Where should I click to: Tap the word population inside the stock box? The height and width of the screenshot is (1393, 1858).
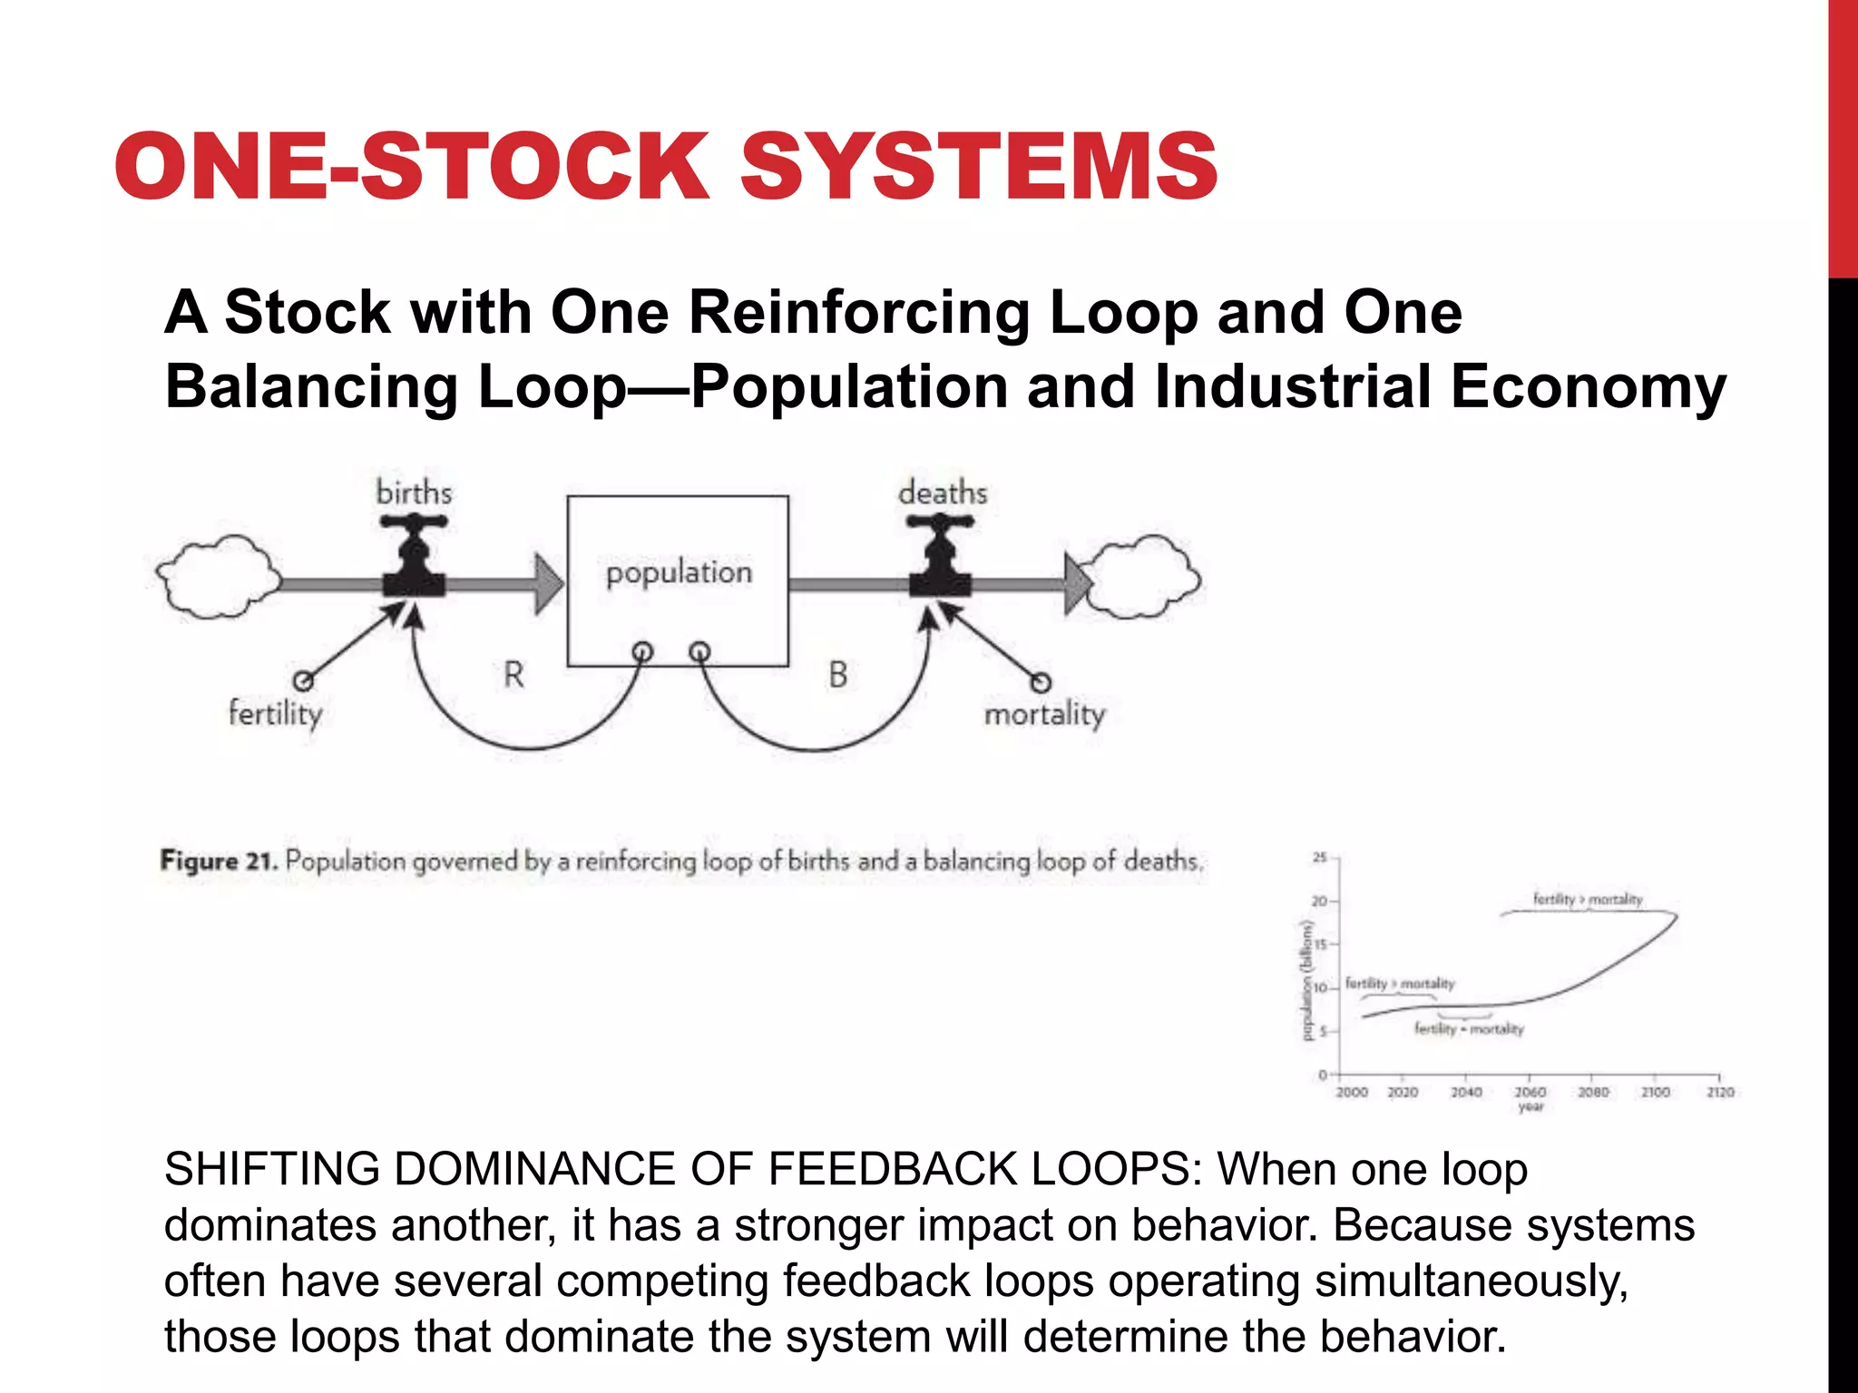click(679, 573)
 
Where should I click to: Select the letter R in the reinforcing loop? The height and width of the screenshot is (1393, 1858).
click(513, 675)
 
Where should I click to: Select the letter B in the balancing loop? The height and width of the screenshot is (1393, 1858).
click(837, 675)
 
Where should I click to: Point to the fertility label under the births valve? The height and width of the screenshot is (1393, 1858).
click(275, 714)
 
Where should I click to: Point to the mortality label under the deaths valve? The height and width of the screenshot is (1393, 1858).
click(1044, 715)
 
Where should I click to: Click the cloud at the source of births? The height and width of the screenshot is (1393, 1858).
click(218, 577)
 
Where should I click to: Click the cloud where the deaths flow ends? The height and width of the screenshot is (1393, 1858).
click(1146, 577)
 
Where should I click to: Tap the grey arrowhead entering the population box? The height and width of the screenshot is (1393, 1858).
click(548, 584)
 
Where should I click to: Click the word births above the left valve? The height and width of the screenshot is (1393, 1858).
click(414, 492)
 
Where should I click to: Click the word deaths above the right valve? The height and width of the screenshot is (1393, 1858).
click(943, 492)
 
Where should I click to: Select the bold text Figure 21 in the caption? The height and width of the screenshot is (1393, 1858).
click(219, 861)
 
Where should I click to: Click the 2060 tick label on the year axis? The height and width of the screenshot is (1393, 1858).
click(1530, 1092)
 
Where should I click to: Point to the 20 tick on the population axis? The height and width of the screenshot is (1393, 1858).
click(1319, 901)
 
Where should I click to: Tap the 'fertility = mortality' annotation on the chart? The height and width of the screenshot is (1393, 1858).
click(1469, 1028)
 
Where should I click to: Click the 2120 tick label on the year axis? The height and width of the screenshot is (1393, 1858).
click(1720, 1092)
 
